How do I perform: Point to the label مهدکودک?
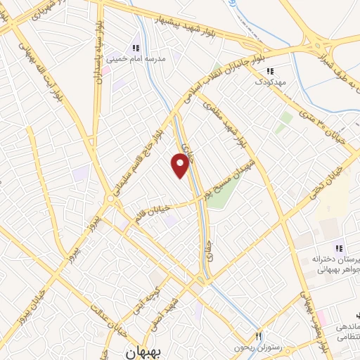click(x=269, y=82)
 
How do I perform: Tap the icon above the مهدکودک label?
click(x=269, y=70)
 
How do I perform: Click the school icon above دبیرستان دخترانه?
click(x=339, y=248)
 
